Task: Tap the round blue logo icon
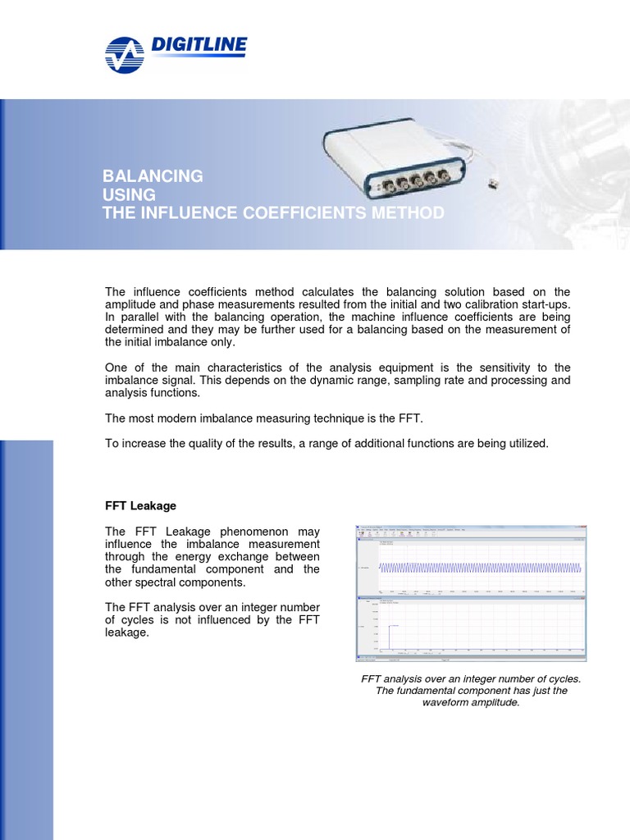(x=125, y=55)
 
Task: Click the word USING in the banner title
(x=129, y=194)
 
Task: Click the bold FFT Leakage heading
(x=140, y=506)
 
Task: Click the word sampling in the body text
(x=403, y=380)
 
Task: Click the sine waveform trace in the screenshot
(x=480, y=568)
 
